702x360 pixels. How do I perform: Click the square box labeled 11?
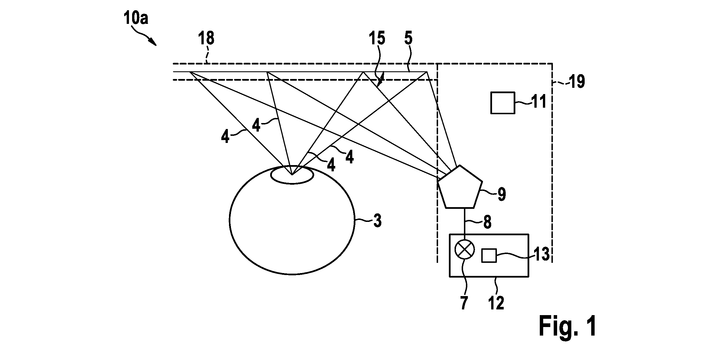[503, 103]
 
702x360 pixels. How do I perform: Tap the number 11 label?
[538, 101]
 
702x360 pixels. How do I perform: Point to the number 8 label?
[488, 222]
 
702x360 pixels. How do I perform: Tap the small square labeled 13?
[489, 255]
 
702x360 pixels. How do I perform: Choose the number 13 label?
[541, 254]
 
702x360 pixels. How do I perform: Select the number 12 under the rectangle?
[496, 303]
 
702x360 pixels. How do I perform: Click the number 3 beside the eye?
[377, 221]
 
